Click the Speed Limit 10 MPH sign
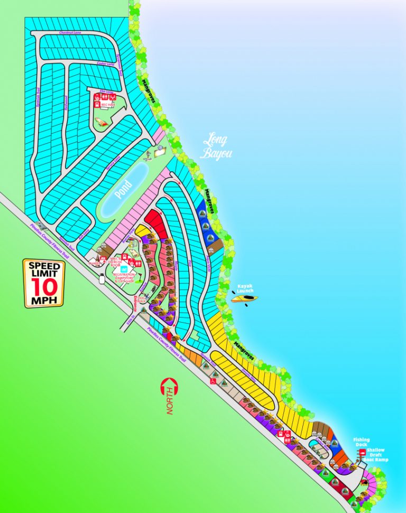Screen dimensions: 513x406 pos(43,283)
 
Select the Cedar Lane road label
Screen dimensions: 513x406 pos(105,65)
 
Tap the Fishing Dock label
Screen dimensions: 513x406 pos(362,442)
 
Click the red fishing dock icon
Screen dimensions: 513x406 pos(362,452)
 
